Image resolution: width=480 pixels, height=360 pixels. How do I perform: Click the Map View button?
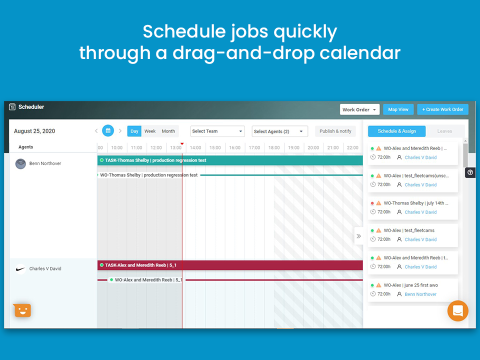(x=398, y=109)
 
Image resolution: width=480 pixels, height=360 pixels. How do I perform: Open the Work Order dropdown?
(x=359, y=109)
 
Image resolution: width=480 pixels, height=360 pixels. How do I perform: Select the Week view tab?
(x=150, y=131)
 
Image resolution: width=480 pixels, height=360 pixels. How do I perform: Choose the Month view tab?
(x=168, y=131)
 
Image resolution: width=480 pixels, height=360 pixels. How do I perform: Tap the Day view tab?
(x=134, y=131)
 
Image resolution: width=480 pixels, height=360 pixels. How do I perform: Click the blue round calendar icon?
(x=108, y=131)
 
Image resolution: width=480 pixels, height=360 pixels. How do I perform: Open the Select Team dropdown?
(x=217, y=131)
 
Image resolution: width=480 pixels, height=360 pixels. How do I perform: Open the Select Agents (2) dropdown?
(x=279, y=131)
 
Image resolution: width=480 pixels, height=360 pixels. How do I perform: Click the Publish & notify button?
(x=335, y=131)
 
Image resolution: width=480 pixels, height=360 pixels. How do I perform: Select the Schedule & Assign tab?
(x=396, y=131)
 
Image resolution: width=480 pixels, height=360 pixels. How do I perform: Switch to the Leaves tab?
(x=444, y=131)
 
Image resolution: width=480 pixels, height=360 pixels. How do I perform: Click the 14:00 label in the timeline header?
(x=195, y=147)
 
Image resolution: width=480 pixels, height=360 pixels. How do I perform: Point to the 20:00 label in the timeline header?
(x=313, y=147)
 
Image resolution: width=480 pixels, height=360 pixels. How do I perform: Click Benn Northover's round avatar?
(x=20, y=163)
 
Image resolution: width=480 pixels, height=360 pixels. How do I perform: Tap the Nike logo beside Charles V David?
(x=20, y=268)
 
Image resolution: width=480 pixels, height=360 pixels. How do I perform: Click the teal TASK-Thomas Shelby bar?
(x=230, y=160)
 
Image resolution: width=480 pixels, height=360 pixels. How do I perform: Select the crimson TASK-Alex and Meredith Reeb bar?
(x=230, y=265)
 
